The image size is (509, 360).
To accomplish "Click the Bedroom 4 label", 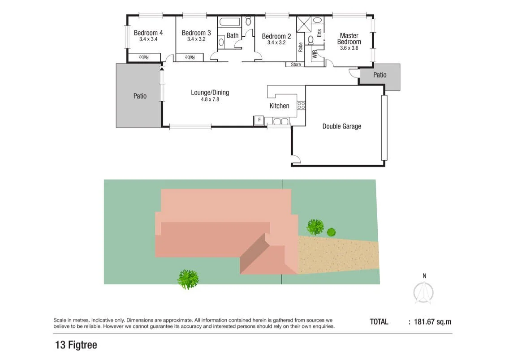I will point(148,33).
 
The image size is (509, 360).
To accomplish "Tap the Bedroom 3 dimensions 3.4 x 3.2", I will point(196,39).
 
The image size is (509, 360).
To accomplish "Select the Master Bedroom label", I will point(349,39).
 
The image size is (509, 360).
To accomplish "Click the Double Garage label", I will point(341,126).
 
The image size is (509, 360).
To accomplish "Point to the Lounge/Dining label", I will point(210,93).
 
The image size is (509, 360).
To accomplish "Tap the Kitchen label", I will point(279,106).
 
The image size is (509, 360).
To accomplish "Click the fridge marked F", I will point(259,120).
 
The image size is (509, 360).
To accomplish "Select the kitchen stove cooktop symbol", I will point(301,106).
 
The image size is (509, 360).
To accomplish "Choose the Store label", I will point(296,64).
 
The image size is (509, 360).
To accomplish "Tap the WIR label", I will point(315,55).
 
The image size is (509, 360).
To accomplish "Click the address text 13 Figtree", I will point(76,345).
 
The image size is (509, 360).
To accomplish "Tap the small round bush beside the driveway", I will point(331,232).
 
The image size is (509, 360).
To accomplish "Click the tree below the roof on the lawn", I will point(188,279).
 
